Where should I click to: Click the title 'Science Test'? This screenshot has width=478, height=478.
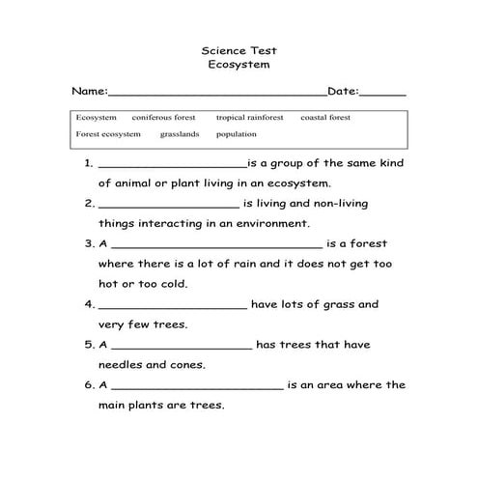[x=238, y=48]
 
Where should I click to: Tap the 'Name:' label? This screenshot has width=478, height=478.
[x=89, y=92]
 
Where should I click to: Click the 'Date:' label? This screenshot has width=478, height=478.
[x=343, y=92]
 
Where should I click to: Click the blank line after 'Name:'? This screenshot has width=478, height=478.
[x=217, y=95]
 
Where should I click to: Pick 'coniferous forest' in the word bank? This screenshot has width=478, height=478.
[x=163, y=118]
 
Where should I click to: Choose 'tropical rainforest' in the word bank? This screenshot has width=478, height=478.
[x=249, y=118]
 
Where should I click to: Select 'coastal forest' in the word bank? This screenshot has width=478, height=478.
[x=325, y=118]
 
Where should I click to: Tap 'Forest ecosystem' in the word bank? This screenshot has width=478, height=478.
[x=108, y=134]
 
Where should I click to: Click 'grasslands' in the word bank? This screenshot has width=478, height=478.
[x=180, y=134]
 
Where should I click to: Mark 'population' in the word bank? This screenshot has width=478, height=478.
[x=237, y=134]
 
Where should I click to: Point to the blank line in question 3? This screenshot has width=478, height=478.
[x=217, y=246]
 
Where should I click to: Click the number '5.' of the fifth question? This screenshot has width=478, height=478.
[x=89, y=344]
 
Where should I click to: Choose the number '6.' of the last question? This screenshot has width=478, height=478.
[x=89, y=384]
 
